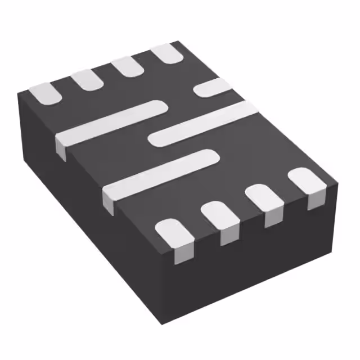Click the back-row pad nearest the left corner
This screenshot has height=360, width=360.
coord(45,93)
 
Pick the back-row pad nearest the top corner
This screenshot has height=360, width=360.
coord(168,54)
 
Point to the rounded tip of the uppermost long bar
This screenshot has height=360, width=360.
coord(159,106)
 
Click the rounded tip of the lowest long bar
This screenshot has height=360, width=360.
coord(209,156)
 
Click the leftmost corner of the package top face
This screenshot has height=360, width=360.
coord(16,92)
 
